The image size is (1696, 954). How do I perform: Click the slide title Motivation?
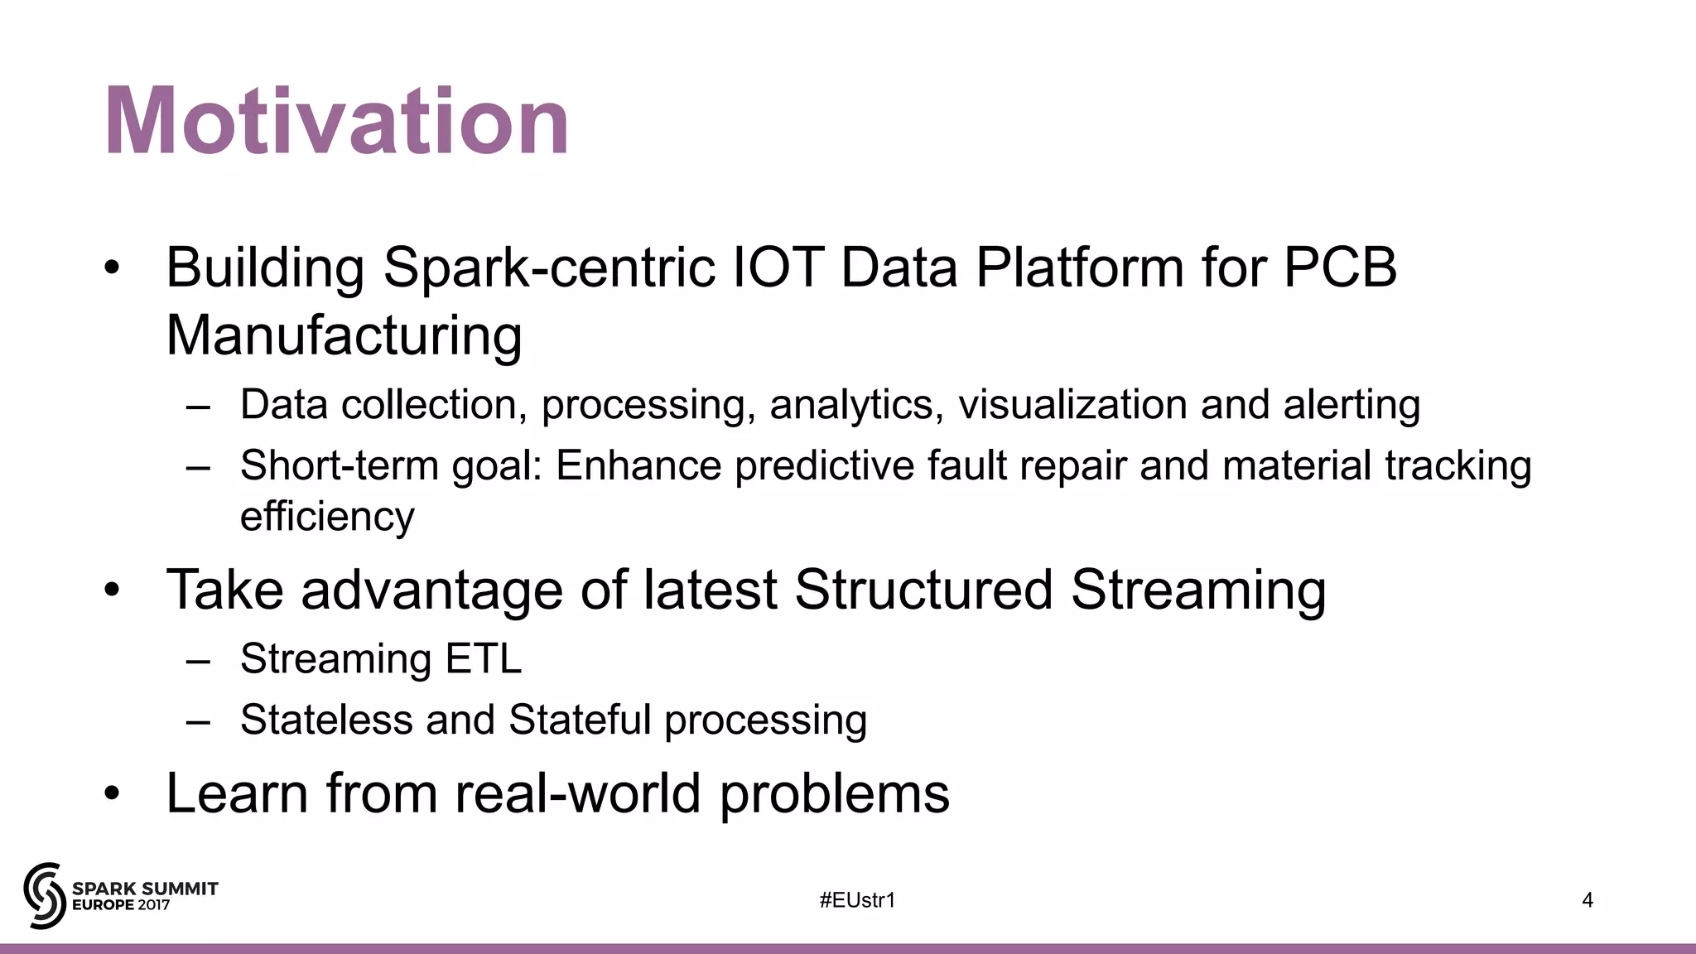(336, 123)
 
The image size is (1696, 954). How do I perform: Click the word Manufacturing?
(344, 335)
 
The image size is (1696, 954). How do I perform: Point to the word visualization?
(1072, 405)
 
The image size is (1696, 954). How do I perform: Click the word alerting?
(1351, 405)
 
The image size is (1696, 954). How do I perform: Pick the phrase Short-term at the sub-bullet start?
(339, 465)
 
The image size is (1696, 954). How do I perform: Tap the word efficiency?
(327, 517)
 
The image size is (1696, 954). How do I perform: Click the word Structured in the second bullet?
(923, 590)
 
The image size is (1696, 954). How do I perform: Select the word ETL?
(484, 659)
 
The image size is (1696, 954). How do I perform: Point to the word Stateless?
(325, 719)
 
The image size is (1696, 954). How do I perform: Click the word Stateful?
(580, 719)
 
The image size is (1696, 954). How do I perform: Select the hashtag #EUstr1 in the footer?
(857, 900)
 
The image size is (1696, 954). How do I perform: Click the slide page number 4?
(1587, 900)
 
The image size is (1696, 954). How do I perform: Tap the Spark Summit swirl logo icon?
(44, 895)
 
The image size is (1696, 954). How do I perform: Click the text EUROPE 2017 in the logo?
(121, 905)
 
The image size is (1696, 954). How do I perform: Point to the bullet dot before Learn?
(113, 794)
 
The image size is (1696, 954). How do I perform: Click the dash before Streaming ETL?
(198, 661)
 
